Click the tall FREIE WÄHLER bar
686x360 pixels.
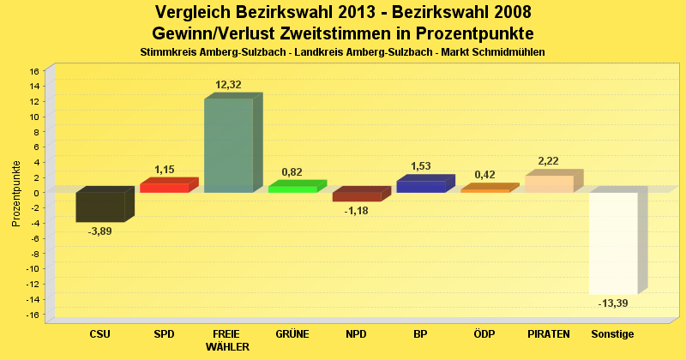(x=228, y=145)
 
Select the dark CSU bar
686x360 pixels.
(x=99, y=207)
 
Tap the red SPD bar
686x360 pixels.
(x=165, y=188)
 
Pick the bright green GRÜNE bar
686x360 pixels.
(x=292, y=189)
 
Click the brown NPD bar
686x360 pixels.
(x=357, y=197)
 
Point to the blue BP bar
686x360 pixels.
(x=420, y=187)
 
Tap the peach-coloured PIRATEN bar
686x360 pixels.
(x=549, y=183)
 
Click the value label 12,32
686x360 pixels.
(x=229, y=84)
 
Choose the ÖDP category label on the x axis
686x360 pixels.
(x=484, y=333)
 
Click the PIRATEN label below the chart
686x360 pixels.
(x=549, y=333)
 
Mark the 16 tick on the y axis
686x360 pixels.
(x=34, y=71)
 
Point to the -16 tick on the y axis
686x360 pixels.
(x=33, y=315)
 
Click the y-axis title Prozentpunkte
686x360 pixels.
(x=15, y=193)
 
